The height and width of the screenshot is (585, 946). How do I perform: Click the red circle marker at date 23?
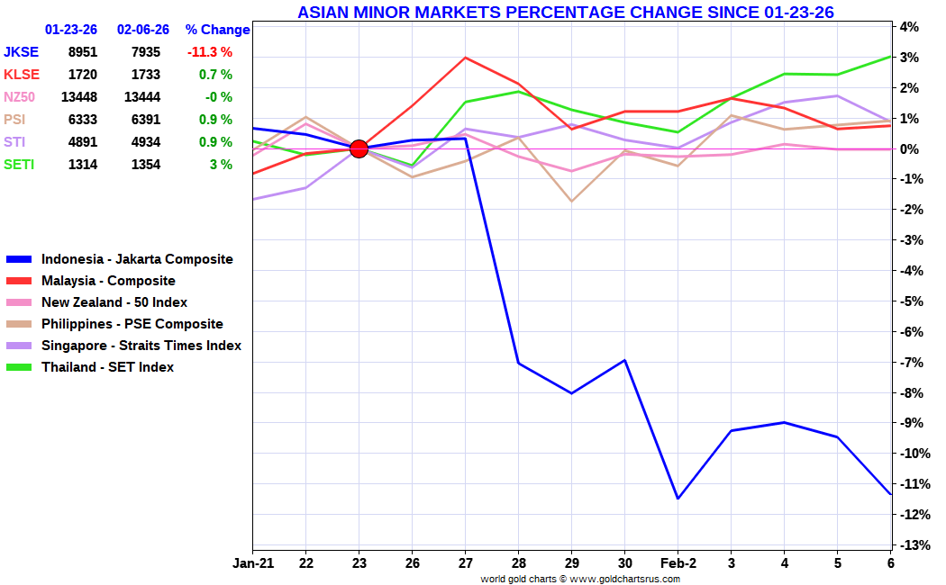click(359, 148)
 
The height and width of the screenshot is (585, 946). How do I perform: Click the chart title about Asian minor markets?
click(565, 12)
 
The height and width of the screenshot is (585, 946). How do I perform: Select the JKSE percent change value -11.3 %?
click(209, 52)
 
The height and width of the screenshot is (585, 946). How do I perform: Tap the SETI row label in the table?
click(21, 165)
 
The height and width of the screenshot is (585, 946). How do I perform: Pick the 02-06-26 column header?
click(142, 30)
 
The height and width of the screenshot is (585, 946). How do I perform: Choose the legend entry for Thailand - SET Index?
click(107, 367)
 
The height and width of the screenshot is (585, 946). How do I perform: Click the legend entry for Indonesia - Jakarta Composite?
click(137, 259)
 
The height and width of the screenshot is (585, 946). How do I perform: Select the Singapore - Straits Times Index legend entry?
click(141, 346)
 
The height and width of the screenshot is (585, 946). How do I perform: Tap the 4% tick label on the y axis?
click(908, 27)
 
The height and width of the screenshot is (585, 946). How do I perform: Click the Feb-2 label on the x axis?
click(678, 563)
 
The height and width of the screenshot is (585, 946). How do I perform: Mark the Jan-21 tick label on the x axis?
click(252, 563)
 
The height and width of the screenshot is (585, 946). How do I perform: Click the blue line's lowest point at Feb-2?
click(678, 498)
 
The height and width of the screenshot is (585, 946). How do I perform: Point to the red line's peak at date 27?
click(465, 58)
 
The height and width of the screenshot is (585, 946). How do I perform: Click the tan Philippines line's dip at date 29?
click(571, 201)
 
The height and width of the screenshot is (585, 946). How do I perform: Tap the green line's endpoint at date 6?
click(890, 56)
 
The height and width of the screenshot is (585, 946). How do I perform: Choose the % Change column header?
click(217, 30)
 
